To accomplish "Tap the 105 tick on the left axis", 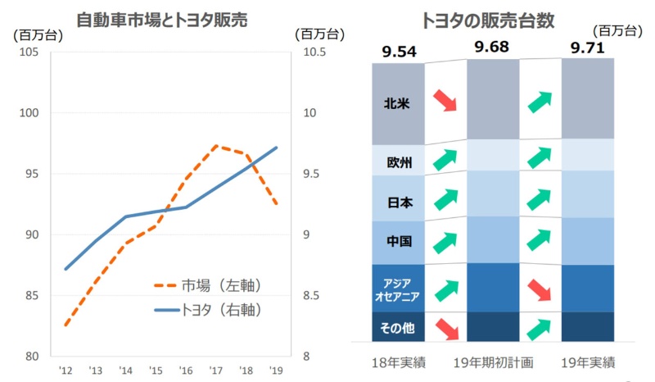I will pos(29,52).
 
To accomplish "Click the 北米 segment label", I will pos(398,104).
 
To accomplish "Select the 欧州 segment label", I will pos(398,161).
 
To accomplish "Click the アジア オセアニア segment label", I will pos(398,288).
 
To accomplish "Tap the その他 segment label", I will pos(398,328).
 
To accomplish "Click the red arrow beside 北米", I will pos(445,100).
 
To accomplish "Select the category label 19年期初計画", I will pos(492,362).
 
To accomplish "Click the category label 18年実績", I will pos(399,362).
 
